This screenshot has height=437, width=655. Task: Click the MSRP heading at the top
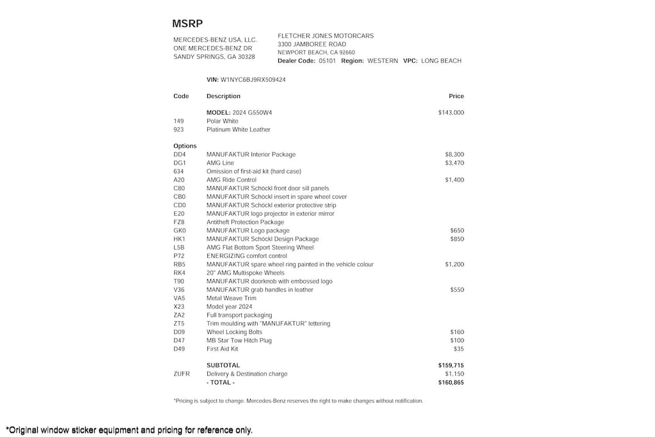click(x=187, y=24)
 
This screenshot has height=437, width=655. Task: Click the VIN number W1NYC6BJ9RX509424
click(x=253, y=80)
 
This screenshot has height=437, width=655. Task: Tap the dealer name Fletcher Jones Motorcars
click(x=326, y=36)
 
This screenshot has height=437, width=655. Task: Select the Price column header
click(x=456, y=96)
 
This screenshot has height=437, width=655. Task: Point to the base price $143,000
click(x=451, y=113)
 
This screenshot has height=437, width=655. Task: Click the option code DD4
click(x=179, y=155)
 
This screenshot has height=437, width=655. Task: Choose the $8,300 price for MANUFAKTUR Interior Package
click(x=454, y=155)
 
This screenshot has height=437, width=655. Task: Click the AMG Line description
click(x=220, y=163)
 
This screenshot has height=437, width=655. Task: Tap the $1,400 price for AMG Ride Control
click(x=454, y=180)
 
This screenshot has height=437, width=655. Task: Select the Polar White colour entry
click(x=222, y=121)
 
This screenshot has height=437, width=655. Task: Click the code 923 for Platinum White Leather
click(x=178, y=129)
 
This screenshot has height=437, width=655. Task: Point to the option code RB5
click(x=179, y=264)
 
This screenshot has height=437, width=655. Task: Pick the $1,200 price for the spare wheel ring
click(x=454, y=264)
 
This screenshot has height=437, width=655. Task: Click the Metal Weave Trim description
click(x=231, y=298)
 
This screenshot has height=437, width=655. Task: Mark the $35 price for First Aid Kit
click(x=458, y=349)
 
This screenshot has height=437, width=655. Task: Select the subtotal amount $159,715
click(x=451, y=365)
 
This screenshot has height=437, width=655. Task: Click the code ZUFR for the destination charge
click(x=182, y=374)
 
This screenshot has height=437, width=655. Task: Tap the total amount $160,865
click(x=451, y=383)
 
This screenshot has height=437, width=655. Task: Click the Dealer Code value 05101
click(x=327, y=61)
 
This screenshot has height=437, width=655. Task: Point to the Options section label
click(x=185, y=146)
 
